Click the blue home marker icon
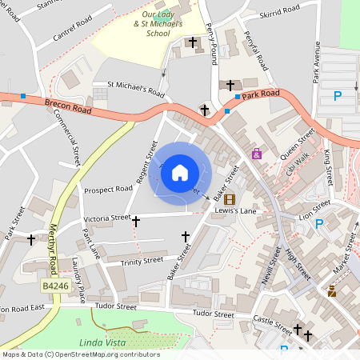(x=180, y=172)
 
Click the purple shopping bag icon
(x=257, y=154)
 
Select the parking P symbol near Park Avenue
(x=338, y=96)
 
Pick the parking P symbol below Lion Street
(x=320, y=224)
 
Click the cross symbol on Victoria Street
(x=136, y=220)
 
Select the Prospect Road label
(x=107, y=190)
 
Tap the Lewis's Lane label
(x=235, y=211)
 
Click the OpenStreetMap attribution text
(x=80, y=354)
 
